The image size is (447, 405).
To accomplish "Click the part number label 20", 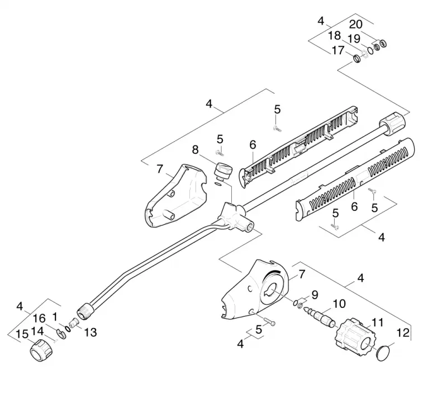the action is click(x=356, y=25).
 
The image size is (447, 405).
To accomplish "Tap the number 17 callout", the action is click(x=338, y=50).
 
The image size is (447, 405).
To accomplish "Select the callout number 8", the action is click(x=195, y=150).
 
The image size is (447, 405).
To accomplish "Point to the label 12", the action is click(x=403, y=332).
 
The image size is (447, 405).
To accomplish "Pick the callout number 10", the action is click(x=339, y=303).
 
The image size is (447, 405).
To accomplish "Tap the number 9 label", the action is click(x=315, y=295).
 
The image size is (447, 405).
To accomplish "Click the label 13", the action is click(x=91, y=332).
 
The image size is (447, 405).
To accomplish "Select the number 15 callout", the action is click(x=22, y=334).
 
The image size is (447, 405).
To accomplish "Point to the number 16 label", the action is click(x=39, y=319).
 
